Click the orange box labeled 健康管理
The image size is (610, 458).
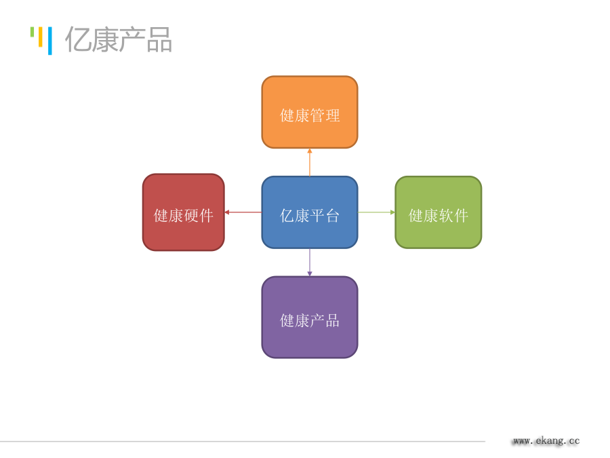click(x=310, y=112)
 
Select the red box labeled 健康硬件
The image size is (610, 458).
click(x=184, y=212)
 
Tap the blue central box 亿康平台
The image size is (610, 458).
click(x=310, y=212)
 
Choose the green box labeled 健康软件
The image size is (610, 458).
click(x=439, y=212)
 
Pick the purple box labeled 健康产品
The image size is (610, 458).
click(x=310, y=317)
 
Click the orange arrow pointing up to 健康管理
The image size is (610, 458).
click(x=310, y=162)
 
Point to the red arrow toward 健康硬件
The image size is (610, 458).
click(x=243, y=212)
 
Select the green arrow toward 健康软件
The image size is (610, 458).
click(x=376, y=212)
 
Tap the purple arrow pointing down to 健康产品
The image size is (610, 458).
click(x=310, y=263)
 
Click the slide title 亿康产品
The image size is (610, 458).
click(x=119, y=40)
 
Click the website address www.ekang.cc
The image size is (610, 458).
click(x=546, y=441)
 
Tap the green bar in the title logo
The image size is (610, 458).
click(x=33, y=32)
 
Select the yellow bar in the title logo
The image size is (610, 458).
click(x=41, y=37)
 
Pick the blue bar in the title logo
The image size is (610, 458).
click(x=49, y=41)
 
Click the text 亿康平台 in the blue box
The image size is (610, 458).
click(x=310, y=216)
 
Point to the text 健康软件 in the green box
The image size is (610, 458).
click(x=439, y=216)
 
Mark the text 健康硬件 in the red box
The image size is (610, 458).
click(x=184, y=216)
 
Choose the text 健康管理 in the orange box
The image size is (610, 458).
click(x=310, y=115)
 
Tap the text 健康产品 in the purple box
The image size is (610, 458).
click(x=310, y=321)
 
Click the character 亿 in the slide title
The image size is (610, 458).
click(x=78, y=40)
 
